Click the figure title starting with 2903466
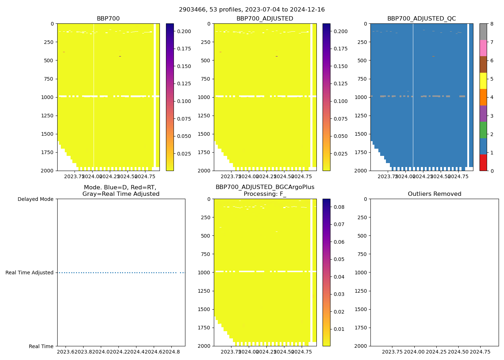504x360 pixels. click(252, 10)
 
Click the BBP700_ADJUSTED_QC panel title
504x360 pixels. click(422, 19)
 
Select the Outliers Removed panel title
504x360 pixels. click(435, 194)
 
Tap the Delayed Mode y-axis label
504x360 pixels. click(35, 199)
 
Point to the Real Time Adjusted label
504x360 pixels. click(30, 273)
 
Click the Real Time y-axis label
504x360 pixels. click(41, 346)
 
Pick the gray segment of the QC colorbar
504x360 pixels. click(483, 32)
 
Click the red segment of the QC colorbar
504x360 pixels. click(483, 163)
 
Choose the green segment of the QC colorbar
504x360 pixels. click(483, 130)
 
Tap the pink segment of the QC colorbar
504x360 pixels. click(483, 48)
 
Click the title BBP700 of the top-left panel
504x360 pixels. click(108, 19)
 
